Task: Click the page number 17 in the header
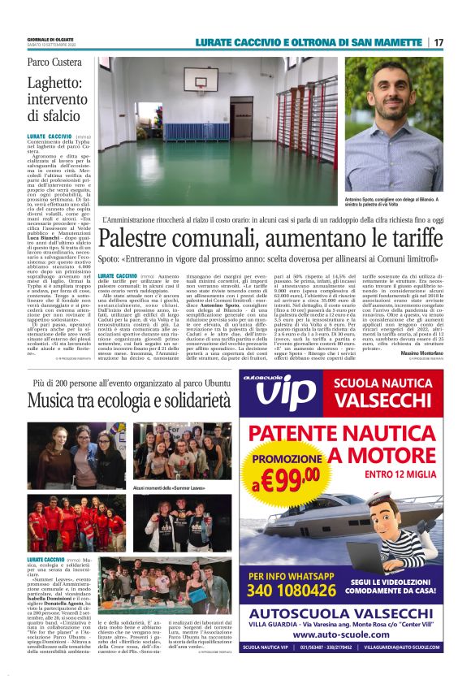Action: pyautogui.click(x=439, y=42)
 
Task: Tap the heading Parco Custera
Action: pyautogui.click(x=54, y=62)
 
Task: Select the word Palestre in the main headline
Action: pyautogui.click(x=142, y=240)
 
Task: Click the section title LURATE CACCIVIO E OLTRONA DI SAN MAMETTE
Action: pyautogui.click(x=312, y=42)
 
